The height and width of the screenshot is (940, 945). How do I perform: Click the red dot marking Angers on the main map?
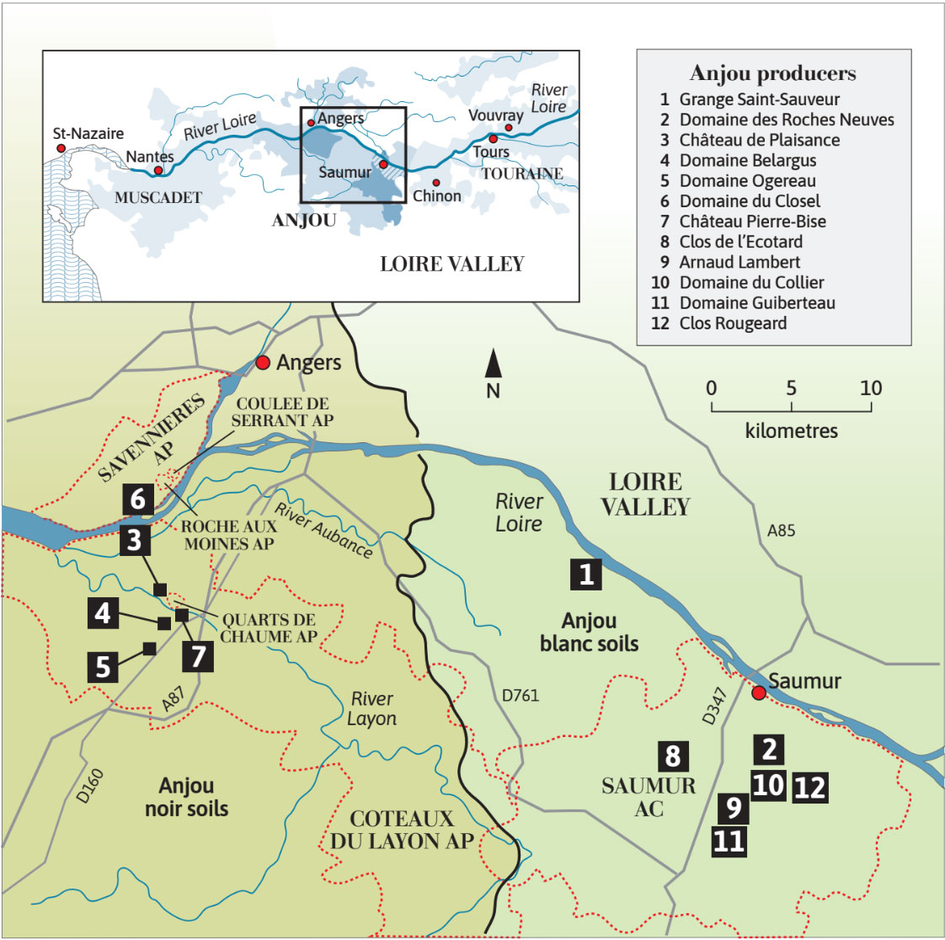(x=263, y=362)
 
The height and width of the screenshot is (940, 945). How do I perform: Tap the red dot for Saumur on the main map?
(x=758, y=692)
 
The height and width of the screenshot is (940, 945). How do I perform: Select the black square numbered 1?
(x=586, y=574)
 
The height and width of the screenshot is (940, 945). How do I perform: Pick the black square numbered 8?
(x=672, y=756)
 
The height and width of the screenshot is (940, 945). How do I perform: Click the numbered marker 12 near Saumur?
(x=809, y=788)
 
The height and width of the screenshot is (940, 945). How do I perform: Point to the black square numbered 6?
(x=139, y=499)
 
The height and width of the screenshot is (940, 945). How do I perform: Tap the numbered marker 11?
(x=729, y=841)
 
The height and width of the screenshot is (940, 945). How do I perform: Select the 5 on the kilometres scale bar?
(x=791, y=388)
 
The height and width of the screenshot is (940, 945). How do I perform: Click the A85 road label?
(x=781, y=531)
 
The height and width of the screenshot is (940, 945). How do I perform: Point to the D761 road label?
(x=520, y=696)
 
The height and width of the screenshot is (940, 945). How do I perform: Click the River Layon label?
(x=371, y=708)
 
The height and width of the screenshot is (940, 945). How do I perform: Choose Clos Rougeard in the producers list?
(x=732, y=323)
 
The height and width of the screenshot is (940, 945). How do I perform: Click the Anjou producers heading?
(x=772, y=73)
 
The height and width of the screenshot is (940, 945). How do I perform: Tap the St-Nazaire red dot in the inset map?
(x=61, y=148)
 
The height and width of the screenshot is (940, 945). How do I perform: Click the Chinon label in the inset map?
(x=437, y=195)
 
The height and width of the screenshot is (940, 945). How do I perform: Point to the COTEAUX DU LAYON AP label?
(x=402, y=830)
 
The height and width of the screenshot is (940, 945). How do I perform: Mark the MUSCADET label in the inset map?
(x=158, y=197)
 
